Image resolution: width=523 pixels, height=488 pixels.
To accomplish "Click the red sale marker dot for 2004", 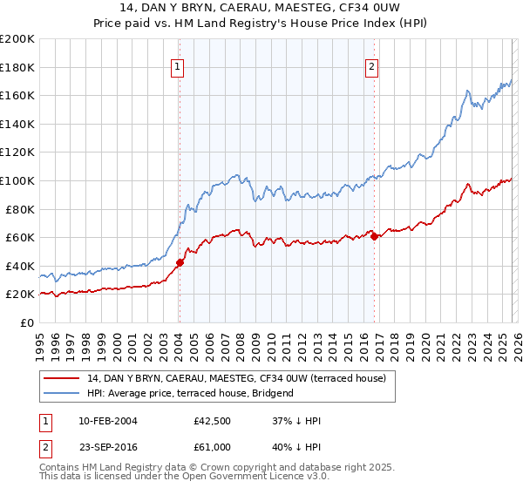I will (180, 262).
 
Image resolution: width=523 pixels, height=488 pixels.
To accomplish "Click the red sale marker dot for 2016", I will (374, 236).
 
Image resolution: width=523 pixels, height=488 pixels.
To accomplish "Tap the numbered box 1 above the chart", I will (178, 66).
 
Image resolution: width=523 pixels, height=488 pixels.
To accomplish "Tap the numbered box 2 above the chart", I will (372, 66).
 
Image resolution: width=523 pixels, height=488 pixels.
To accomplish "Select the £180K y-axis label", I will (17, 67).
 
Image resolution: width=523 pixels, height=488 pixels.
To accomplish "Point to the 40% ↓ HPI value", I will (296, 445).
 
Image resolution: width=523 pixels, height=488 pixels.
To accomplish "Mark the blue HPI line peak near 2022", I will (468, 90).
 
